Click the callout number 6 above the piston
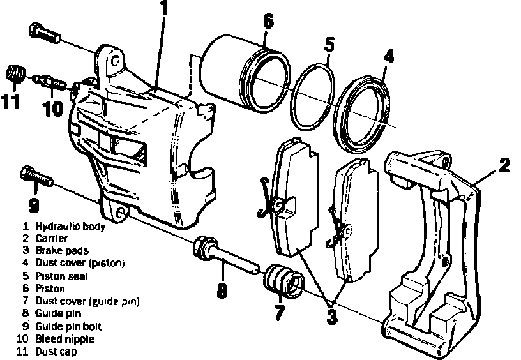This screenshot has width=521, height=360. click(x=268, y=22)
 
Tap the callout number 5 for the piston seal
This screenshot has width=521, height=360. click(x=329, y=45)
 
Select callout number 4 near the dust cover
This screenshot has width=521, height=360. click(x=388, y=57)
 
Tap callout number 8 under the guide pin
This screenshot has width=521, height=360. click(x=221, y=291)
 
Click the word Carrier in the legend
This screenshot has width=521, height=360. click(x=52, y=238)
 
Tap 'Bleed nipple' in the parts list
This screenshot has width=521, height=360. click(x=64, y=339)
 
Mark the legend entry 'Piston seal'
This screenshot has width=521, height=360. click(x=61, y=276)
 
